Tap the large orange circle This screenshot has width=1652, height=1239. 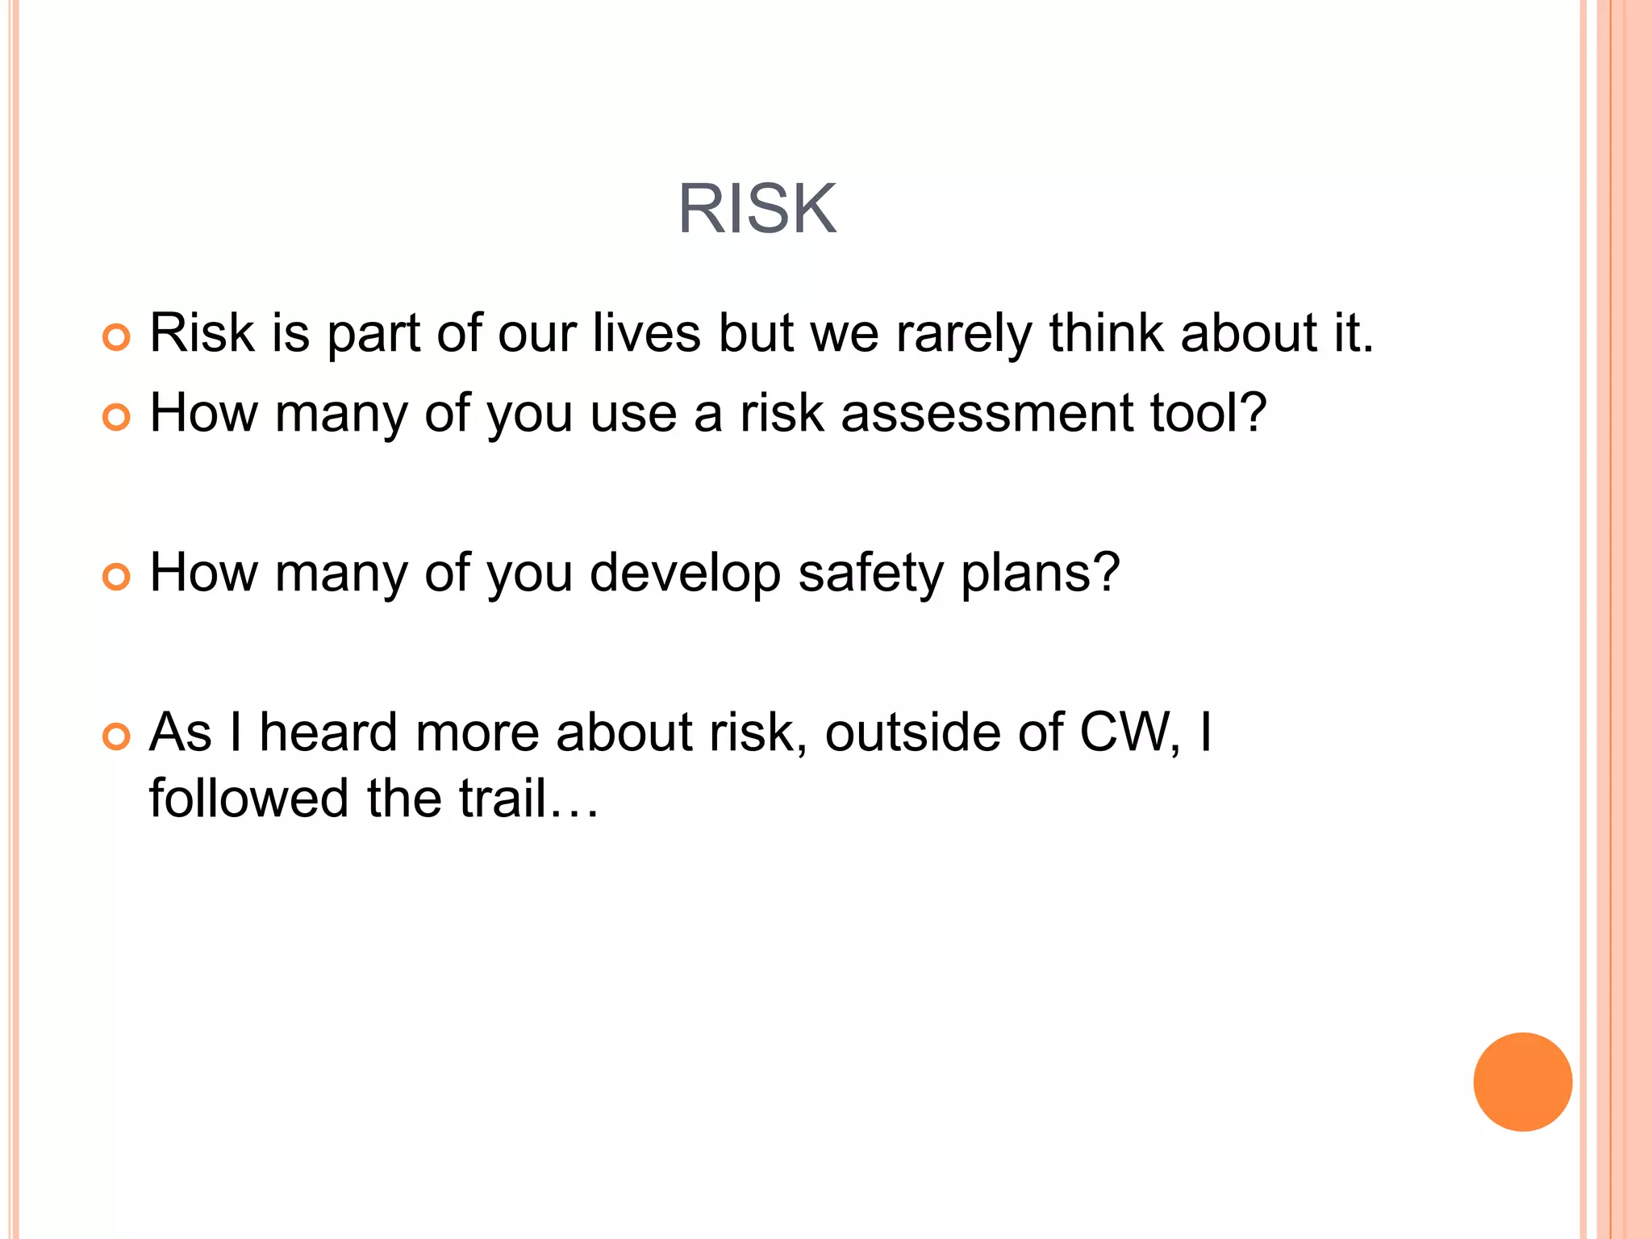[x=1522, y=1082]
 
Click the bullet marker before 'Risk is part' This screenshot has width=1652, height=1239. [x=116, y=337]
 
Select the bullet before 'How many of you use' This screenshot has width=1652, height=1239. [x=116, y=417]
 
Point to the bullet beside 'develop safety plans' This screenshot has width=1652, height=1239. [x=116, y=577]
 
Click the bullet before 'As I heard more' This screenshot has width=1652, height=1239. [x=116, y=736]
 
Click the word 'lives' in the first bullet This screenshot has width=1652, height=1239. [x=646, y=332]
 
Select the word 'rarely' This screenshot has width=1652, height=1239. [x=963, y=334]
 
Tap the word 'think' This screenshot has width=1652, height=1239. [x=1106, y=332]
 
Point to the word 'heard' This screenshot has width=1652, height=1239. [x=328, y=732]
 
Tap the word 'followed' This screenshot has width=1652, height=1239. [x=249, y=799]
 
